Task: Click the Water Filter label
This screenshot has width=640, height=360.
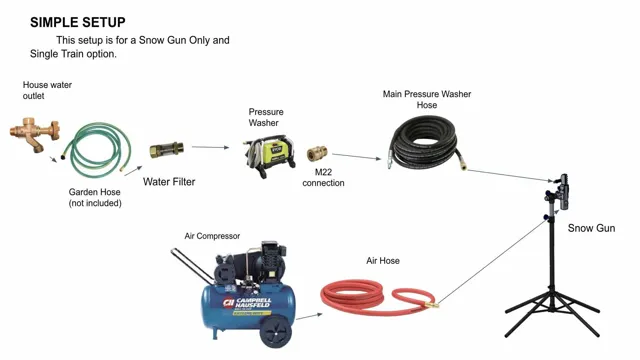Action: [169, 182]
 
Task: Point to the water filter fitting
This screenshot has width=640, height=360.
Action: [166, 150]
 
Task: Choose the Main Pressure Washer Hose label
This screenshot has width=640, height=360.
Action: [426, 99]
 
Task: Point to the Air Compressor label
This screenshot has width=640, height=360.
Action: [212, 236]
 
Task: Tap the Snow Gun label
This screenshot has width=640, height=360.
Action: [591, 228]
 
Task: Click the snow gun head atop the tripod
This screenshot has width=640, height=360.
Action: [559, 189]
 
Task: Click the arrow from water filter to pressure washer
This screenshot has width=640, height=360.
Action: [209, 147]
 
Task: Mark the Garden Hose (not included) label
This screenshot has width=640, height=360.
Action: [94, 197]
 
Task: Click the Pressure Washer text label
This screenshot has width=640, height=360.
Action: [266, 118]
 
